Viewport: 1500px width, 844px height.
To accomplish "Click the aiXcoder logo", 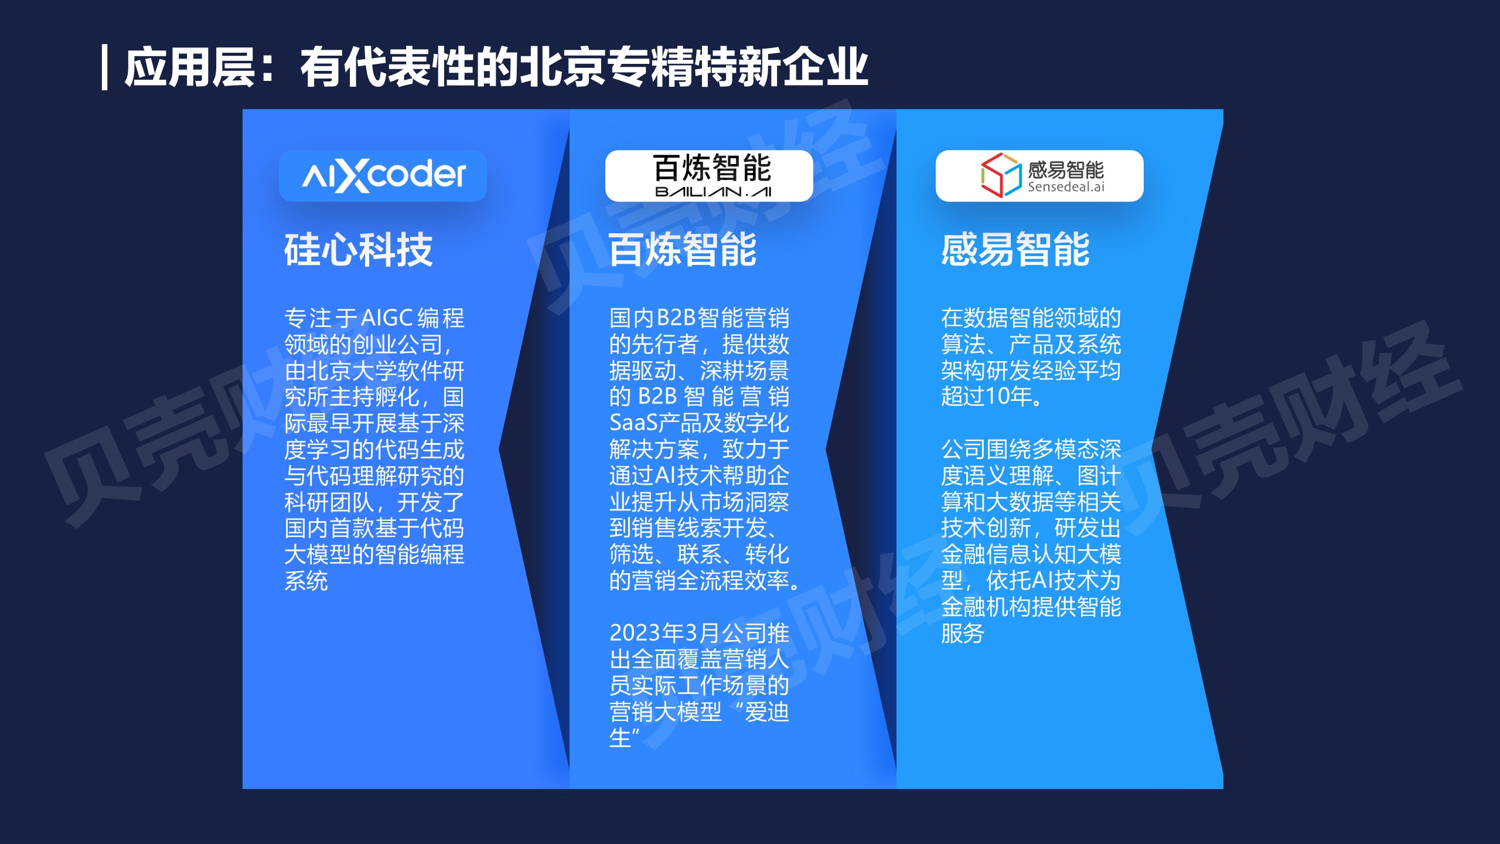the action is pyautogui.click(x=383, y=176).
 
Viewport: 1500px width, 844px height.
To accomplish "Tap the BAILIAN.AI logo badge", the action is pyautogui.click(x=709, y=176).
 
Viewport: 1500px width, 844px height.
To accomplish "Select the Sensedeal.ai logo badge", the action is pyautogui.click(x=1039, y=176).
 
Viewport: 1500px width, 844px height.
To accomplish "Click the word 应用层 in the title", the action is pyautogui.click(x=190, y=67).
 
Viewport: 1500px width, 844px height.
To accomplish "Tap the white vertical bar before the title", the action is pyautogui.click(x=105, y=67).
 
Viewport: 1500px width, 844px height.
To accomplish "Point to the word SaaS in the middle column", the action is pyautogui.click(x=633, y=423).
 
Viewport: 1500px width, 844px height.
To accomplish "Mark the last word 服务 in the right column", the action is pyautogui.click(x=963, y=633).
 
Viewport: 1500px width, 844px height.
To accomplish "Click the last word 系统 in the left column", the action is pyautogui.click(x=306, y=581).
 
